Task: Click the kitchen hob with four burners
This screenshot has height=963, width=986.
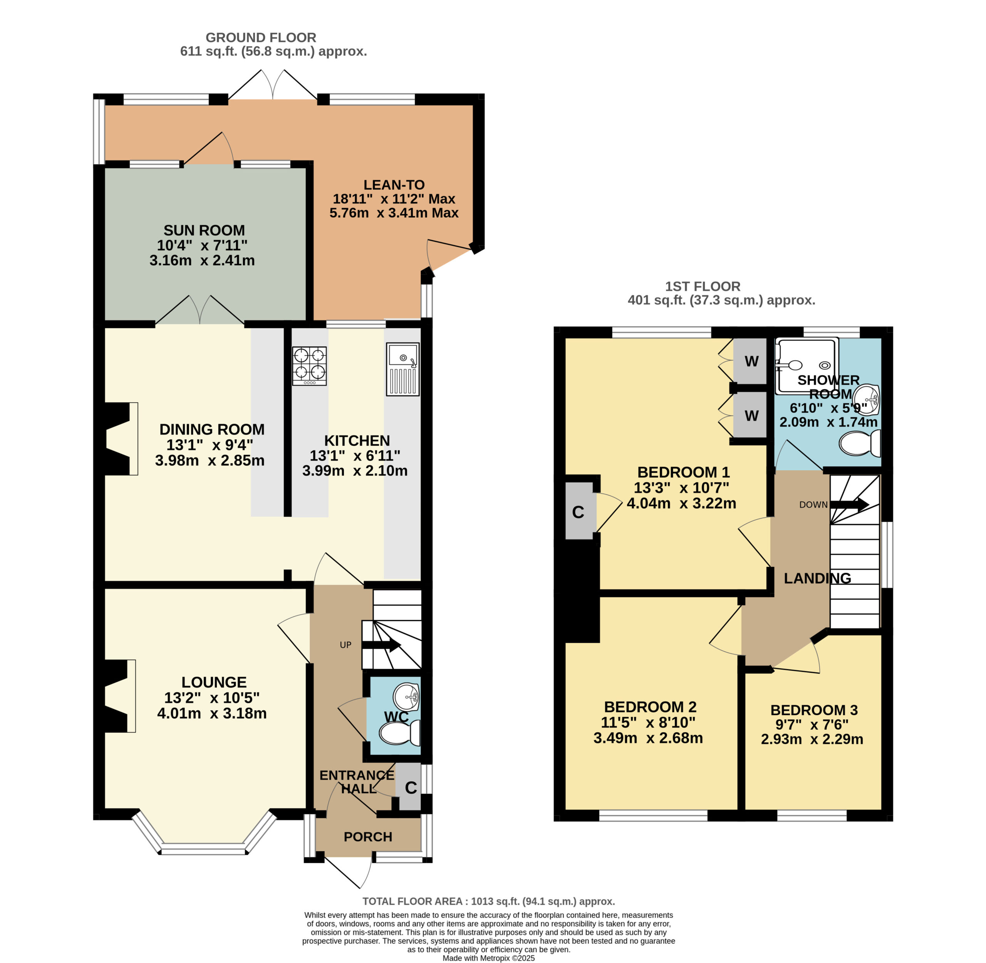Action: click(x=309, y=366)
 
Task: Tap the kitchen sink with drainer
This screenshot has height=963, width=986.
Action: click(x=402, y=369)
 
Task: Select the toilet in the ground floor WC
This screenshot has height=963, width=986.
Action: click(x=399, y=733)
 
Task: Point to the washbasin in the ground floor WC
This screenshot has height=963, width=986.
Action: click(x=407, y=696)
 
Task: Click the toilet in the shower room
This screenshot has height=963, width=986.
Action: click(x=860, y=443)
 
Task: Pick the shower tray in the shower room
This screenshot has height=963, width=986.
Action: click(x=807, y=366)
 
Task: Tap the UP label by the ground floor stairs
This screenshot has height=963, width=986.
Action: click(x=345, y=645)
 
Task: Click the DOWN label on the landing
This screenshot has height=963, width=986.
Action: click(x=813, y=504)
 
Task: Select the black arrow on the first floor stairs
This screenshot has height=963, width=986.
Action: click(x=850, y=504)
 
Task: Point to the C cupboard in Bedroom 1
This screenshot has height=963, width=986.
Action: click(x=579, y=512)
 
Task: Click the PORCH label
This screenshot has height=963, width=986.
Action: click(x=367, y=837)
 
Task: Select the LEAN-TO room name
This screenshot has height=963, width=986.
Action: click(x=394, y=185)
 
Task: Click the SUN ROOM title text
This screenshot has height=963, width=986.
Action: click(x=204, y=230)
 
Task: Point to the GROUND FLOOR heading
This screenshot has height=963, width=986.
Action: click(x=260, y=37)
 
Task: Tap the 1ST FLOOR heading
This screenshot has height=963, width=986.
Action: click(x=703, y=286)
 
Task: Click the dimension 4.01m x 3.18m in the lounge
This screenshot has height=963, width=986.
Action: click(x=211, y=713)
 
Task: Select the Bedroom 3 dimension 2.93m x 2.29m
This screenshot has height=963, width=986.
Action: click(x=812, y=739)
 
